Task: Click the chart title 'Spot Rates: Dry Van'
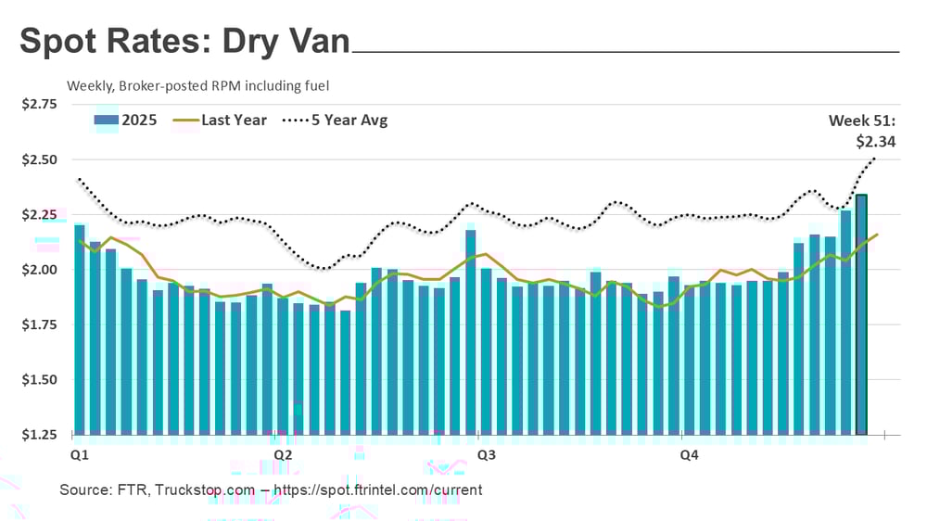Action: coord(185,42)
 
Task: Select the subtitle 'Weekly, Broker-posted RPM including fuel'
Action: coord(198,85)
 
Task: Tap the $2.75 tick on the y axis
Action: coord(40,105)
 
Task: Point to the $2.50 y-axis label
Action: coord(40,159)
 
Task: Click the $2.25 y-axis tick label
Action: coord(40,215)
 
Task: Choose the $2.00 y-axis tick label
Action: coord(40,270)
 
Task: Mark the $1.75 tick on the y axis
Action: coord(40,324)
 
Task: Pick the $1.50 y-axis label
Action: coord(40,380)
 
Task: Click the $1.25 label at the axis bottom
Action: coord(40,435)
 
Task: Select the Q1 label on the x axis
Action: coord(80,455)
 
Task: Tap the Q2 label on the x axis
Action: coord(284,455)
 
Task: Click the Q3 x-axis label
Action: coord(484,455)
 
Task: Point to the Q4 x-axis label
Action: coord(689,455)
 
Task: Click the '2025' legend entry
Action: coord(127,120)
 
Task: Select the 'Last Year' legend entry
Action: coord(222,120)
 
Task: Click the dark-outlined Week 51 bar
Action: coord(861,315)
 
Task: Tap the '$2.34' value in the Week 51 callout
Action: coord(876,142)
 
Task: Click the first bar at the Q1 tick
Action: coord(80,329)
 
